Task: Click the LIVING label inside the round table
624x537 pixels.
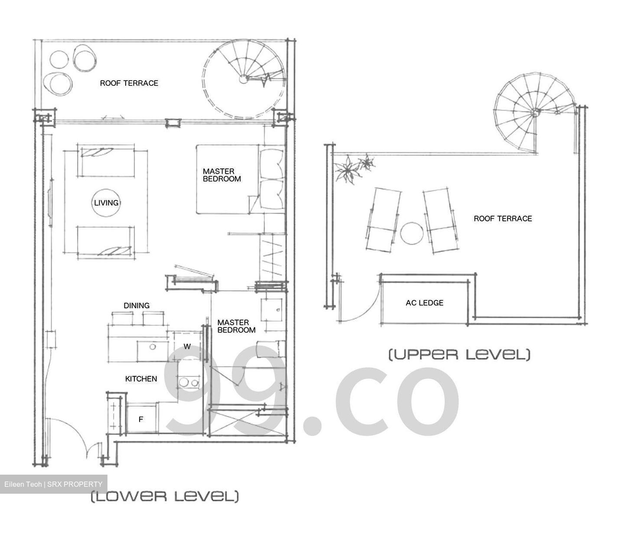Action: (x=106, y=203)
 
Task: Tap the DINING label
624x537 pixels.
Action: (x=136, y=305)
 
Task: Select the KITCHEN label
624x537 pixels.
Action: (x=141, y=379)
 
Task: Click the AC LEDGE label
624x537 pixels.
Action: (x=424, y=303)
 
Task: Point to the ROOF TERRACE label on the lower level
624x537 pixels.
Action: (x=129, y=83)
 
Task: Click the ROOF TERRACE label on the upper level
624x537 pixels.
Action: (x=503, y=219)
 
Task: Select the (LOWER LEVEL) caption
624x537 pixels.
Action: (x=165, y=496)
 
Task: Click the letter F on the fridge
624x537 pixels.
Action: (x=140, y=419)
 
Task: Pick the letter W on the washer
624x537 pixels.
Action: (x=187, y=346)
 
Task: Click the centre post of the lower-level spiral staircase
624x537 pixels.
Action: (x=244, y=79)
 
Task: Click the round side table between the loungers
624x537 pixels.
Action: (x=411, y=233)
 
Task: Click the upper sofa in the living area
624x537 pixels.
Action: (x=106, y=161)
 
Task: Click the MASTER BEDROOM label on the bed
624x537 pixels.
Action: (x=221, y=175)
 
